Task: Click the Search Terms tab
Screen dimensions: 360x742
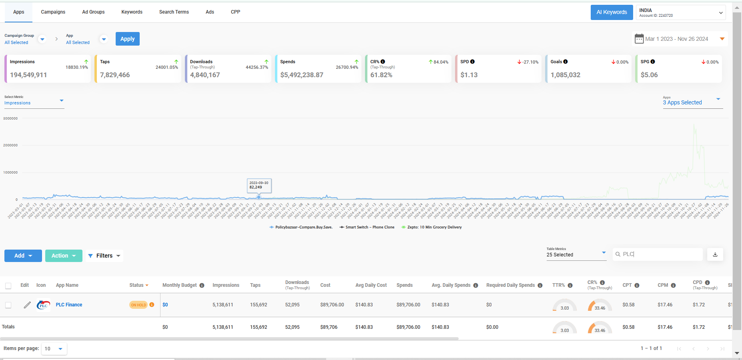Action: click(x=174, y=12)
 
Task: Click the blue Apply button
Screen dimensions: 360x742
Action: click(x=127, y=39)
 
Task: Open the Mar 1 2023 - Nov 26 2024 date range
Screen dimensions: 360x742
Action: click(x=679, y=39)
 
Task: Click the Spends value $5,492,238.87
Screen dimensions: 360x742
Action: click(x=301, y=75)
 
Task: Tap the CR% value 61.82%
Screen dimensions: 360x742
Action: click(x=381, y=75)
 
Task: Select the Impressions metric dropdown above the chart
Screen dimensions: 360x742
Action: click(x=34, y=102)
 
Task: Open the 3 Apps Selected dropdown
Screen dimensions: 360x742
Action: click(x=691, y=102)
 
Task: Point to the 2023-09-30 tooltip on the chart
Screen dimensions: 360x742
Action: click(x=259, y=185)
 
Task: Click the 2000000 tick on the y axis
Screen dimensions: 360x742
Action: click(x=10, y=145)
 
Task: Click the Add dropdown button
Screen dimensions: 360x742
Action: click(x=23, y=256)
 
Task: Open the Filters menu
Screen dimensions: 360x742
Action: click(x=104, y=256)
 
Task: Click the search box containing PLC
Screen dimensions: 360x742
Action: click(x=658, y=254)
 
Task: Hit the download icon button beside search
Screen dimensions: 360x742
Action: click(x=715, y=254)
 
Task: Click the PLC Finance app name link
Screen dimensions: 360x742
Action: click(x=69, y=305)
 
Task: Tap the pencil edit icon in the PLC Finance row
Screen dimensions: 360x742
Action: click(x=27, y=305)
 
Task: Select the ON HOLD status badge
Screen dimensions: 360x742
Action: click(x=138, y=305)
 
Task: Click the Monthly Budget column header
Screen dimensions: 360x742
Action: click(x=180, y=285)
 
